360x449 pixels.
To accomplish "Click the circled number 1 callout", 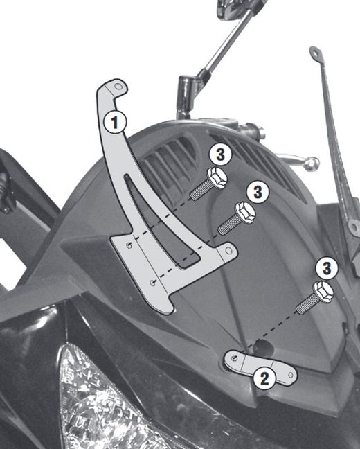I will [x=116, y=123].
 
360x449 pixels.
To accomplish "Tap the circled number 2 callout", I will [x=262, y=378].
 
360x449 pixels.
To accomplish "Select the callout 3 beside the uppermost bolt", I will [x=218, y=154].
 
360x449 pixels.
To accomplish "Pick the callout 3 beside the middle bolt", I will [x=257, y=191].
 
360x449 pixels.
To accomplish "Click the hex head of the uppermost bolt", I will [x=217, y=177].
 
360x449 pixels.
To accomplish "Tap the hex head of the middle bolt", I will [x=245, y=212].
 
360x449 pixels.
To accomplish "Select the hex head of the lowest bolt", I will [x=323, y=291].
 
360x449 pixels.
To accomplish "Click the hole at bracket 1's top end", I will [x=119, y=88].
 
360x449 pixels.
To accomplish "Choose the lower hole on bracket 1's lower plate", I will [x=152, y=281].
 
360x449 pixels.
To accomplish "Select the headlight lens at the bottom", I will [x=104, y=402].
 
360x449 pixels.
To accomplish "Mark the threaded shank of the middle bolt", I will [x=228, y=223].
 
